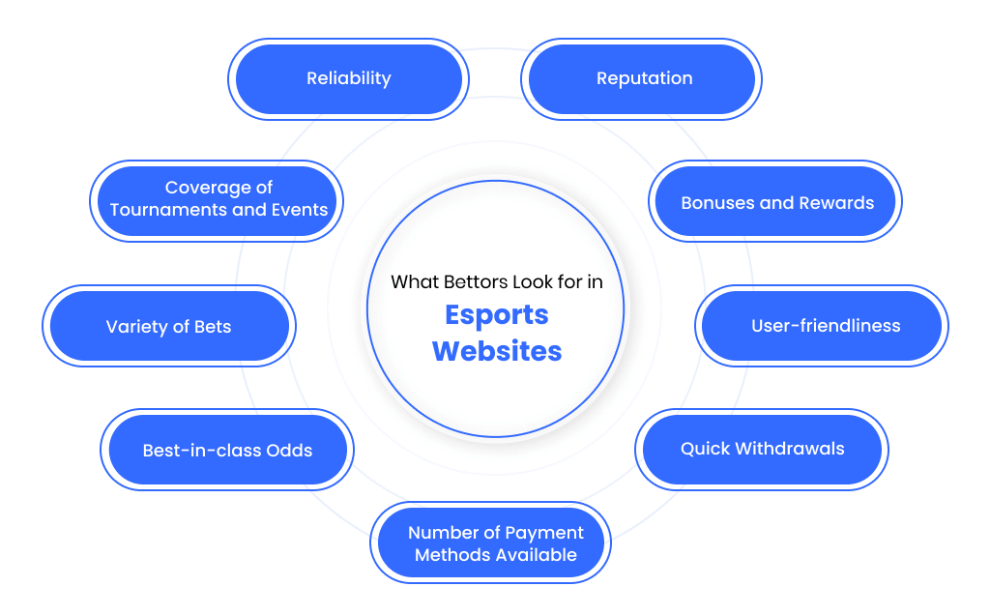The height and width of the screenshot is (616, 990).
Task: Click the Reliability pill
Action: pos(348,79)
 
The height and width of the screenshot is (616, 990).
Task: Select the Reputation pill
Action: pos(642,79)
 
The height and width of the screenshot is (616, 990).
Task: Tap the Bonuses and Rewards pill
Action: pos(775,201)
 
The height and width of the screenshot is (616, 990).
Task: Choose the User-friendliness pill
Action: pos(822,326)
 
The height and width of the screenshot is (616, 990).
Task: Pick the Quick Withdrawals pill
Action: pos(762,450)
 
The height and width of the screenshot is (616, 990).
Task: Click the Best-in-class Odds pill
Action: pos(227,450)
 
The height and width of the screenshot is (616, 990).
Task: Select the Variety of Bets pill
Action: pos(169,326)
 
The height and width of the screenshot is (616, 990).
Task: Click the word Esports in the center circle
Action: pos(497,315)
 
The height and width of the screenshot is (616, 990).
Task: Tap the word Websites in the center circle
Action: pos(497,351)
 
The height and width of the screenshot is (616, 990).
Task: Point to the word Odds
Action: pos(289,451)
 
